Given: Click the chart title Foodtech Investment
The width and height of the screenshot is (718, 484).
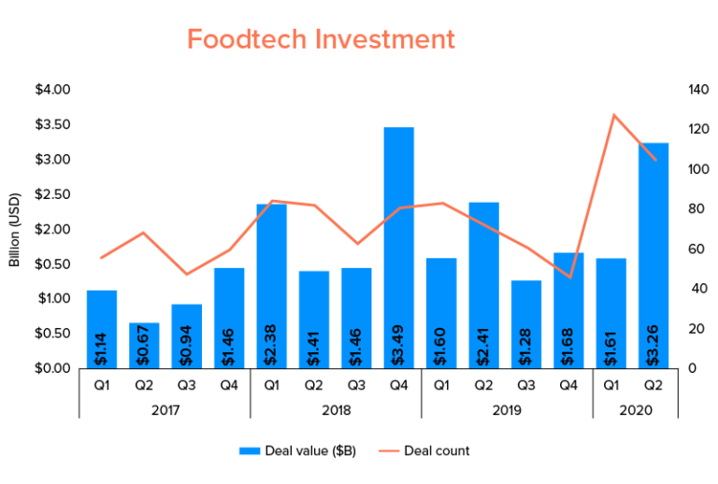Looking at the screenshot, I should (x=321, y=39).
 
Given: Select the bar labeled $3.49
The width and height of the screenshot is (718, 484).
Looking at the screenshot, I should (x=398, y=247).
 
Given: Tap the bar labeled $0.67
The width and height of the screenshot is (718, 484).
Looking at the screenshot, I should (x=144, y=345).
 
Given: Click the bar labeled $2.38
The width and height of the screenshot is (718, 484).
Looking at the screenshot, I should (x=271, y=285).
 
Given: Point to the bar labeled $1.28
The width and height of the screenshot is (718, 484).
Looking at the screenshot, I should (x=525, y=323).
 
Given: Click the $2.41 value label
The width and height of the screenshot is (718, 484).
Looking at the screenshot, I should (x=483, y=342).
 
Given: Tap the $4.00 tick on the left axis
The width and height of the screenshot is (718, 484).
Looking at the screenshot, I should (x=51, y=90).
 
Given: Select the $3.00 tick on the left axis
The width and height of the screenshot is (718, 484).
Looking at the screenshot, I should (x=51, y=159).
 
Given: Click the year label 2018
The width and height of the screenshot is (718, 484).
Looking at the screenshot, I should (x=335, y=409).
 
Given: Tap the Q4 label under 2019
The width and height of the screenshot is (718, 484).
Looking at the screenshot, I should (x=568, y=383).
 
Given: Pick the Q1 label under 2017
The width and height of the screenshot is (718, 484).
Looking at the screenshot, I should (x=102, y=383).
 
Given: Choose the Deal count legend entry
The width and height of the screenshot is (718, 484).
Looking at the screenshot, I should (x=429, y=450).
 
